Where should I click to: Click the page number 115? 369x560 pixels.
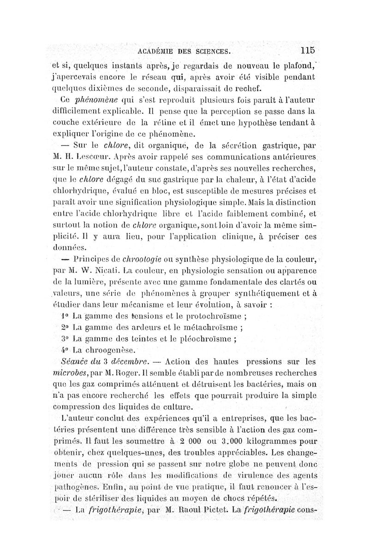[305, 50]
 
